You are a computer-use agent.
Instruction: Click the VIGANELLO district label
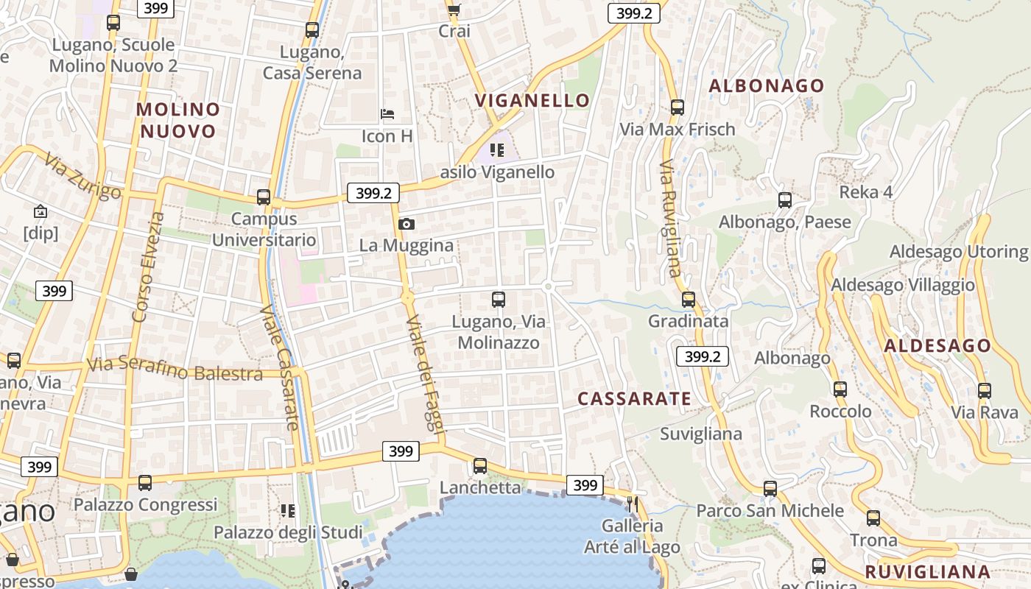pos(532,101)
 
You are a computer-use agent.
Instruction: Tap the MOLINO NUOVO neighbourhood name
pos(178,120)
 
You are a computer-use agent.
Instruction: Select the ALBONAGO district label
pos(767,86)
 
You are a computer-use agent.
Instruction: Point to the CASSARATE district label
pos(634,399)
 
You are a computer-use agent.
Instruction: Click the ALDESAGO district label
pos(937,346)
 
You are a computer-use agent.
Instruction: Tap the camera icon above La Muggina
pos(406,224)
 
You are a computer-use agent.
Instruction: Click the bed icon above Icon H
pos(387,114)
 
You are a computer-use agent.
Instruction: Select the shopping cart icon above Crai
pos(454,10)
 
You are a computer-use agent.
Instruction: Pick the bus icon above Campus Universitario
pos(263,197)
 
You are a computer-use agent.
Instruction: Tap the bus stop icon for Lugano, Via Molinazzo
pos(499,300)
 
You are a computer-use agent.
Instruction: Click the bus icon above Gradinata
pos(689,300)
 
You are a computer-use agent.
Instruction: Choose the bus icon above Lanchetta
pos(480,466)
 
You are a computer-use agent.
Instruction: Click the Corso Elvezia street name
pos(147,267)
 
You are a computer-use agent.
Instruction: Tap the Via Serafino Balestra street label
pos(175,369)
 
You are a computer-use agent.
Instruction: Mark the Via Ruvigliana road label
pos(670,219)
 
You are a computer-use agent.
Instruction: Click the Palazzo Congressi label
pos(145,505)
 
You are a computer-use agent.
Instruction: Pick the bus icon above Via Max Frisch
pos(678,107)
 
